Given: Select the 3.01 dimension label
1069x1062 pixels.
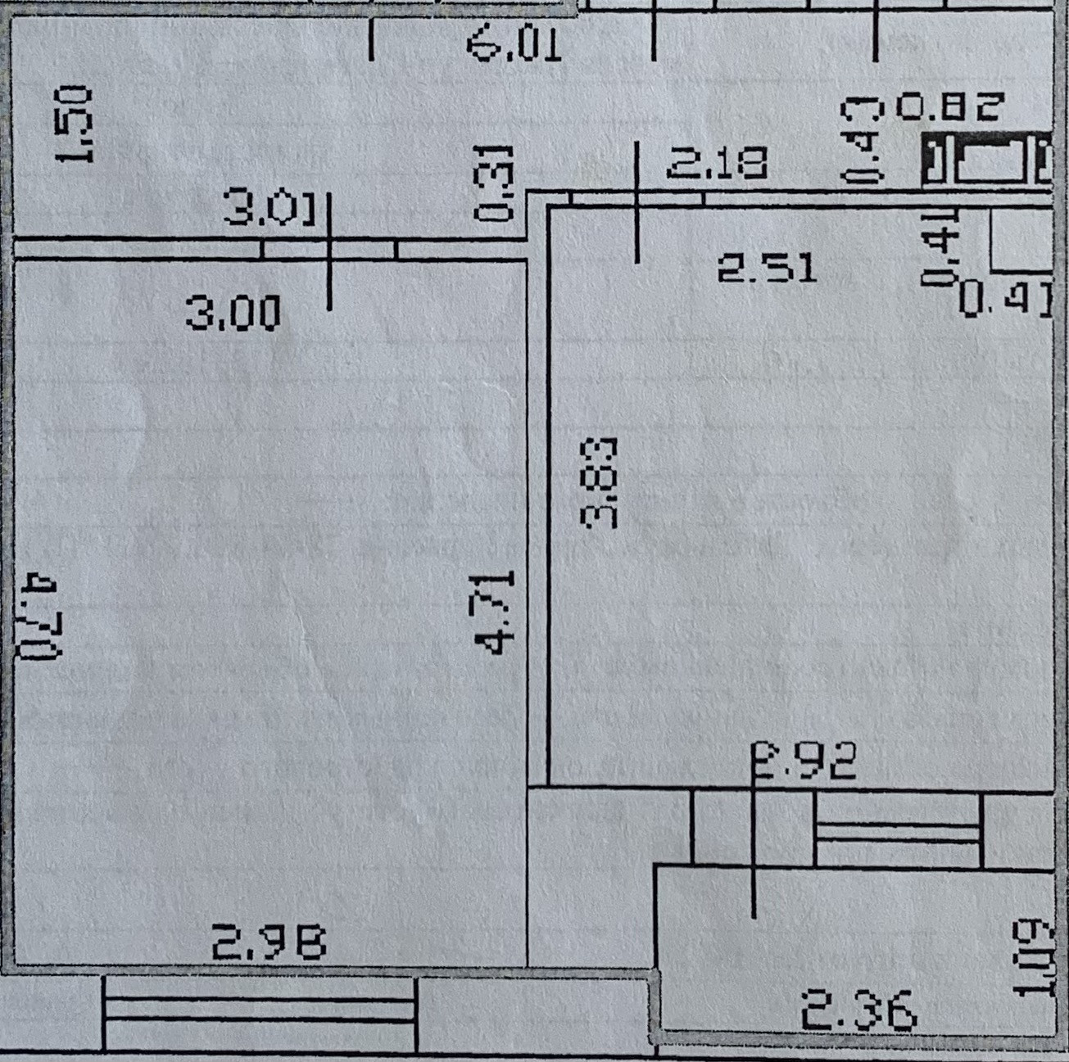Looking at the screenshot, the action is [270, 210].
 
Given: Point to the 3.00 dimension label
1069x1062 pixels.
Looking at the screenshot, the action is [233, 313].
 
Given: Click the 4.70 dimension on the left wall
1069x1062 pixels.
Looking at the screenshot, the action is [39, 618].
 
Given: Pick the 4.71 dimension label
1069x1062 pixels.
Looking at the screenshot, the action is [496, 612].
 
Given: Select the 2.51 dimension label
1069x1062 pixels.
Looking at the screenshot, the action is [768, 269].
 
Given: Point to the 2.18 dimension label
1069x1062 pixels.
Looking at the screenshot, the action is [718, 164].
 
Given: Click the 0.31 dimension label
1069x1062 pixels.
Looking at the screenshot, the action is [495, 183].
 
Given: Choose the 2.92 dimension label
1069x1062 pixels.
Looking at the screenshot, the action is [805, 761].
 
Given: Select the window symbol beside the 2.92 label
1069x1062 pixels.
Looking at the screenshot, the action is [899, 831].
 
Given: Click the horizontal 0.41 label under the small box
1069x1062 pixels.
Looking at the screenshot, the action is [1005, 298].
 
